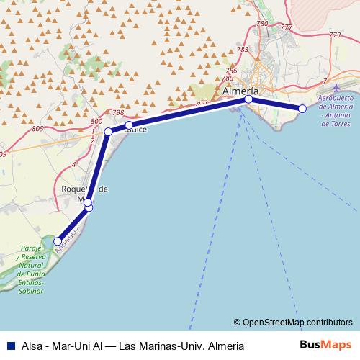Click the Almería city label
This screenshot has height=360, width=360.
pos(241,92)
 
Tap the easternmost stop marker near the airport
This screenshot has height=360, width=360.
pos(302,109)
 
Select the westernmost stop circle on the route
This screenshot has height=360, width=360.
pos(58,241)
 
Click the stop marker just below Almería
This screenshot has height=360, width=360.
pos(248,99)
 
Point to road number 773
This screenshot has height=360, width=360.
pos(334,34)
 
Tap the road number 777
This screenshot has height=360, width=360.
pos(287,27)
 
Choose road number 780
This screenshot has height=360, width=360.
pos(261,24)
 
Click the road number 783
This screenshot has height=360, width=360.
pos(242,49)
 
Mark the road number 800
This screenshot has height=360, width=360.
pos(96,122)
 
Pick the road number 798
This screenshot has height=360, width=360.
pos(119,113)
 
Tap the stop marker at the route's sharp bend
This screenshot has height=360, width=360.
pos(108,132)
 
